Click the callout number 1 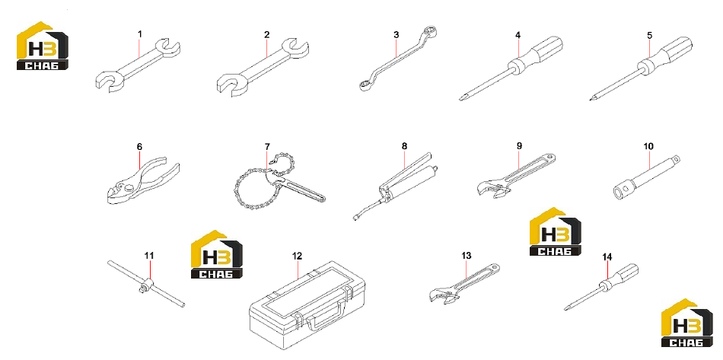point(140,34)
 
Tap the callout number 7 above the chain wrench point(267,147)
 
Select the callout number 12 point(297,256)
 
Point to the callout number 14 point(607,257)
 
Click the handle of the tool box point(325,316)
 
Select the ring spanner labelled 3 point(398,58)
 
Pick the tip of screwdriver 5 point(591,98)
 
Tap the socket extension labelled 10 point(648,177)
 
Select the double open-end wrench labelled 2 point(263,67)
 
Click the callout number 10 point(648,147)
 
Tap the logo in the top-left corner point(43,46)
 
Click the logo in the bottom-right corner point(687,323)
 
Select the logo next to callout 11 point(217,254)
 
